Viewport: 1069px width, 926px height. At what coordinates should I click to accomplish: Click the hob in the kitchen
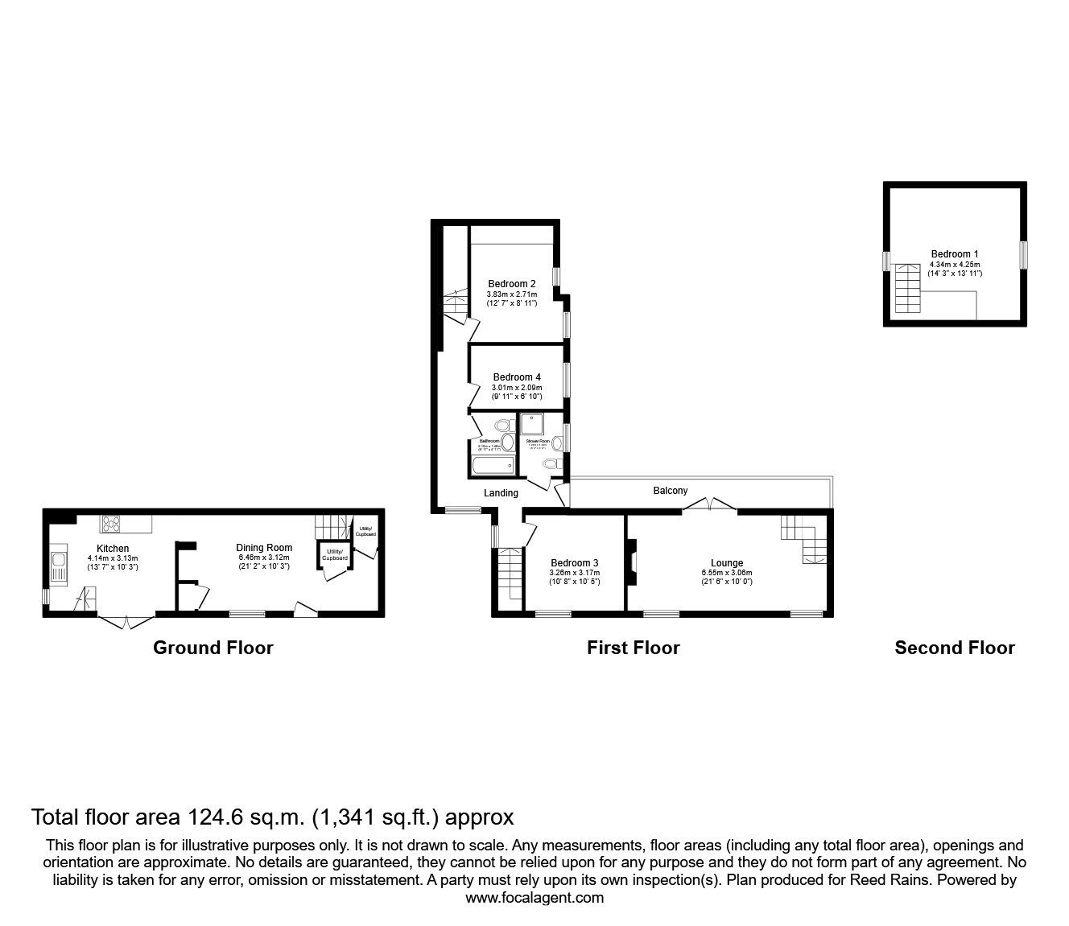coord(110,524)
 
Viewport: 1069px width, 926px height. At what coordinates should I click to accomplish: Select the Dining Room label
coord(264,548)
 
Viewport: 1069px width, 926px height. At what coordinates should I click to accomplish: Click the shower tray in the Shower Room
coord(531,425)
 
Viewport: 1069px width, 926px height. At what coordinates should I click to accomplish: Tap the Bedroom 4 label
coord(517,377)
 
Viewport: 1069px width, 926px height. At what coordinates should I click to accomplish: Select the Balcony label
coord(670,491)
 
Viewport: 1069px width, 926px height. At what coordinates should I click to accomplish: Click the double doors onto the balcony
coord(710,505)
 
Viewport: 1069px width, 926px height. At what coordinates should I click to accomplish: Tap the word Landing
coord(501,493)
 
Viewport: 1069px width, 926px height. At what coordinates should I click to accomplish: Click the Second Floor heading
coord(955,648)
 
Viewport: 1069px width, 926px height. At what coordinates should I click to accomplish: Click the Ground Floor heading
coord(213,648)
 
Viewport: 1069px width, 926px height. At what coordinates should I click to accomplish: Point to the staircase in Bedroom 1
coord(907,288)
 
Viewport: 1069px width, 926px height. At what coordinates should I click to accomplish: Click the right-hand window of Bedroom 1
coord(1024,255)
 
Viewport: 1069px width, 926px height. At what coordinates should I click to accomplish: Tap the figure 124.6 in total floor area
coord(214,817)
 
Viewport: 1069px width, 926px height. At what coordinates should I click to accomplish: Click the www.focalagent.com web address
coord(534,898)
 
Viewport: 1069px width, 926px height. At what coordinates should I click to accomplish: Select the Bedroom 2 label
coord(512,283)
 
